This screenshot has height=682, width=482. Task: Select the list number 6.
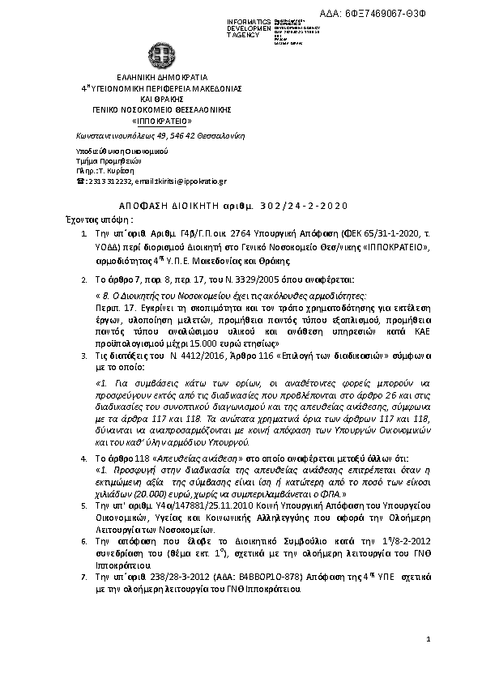pos(87,539)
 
